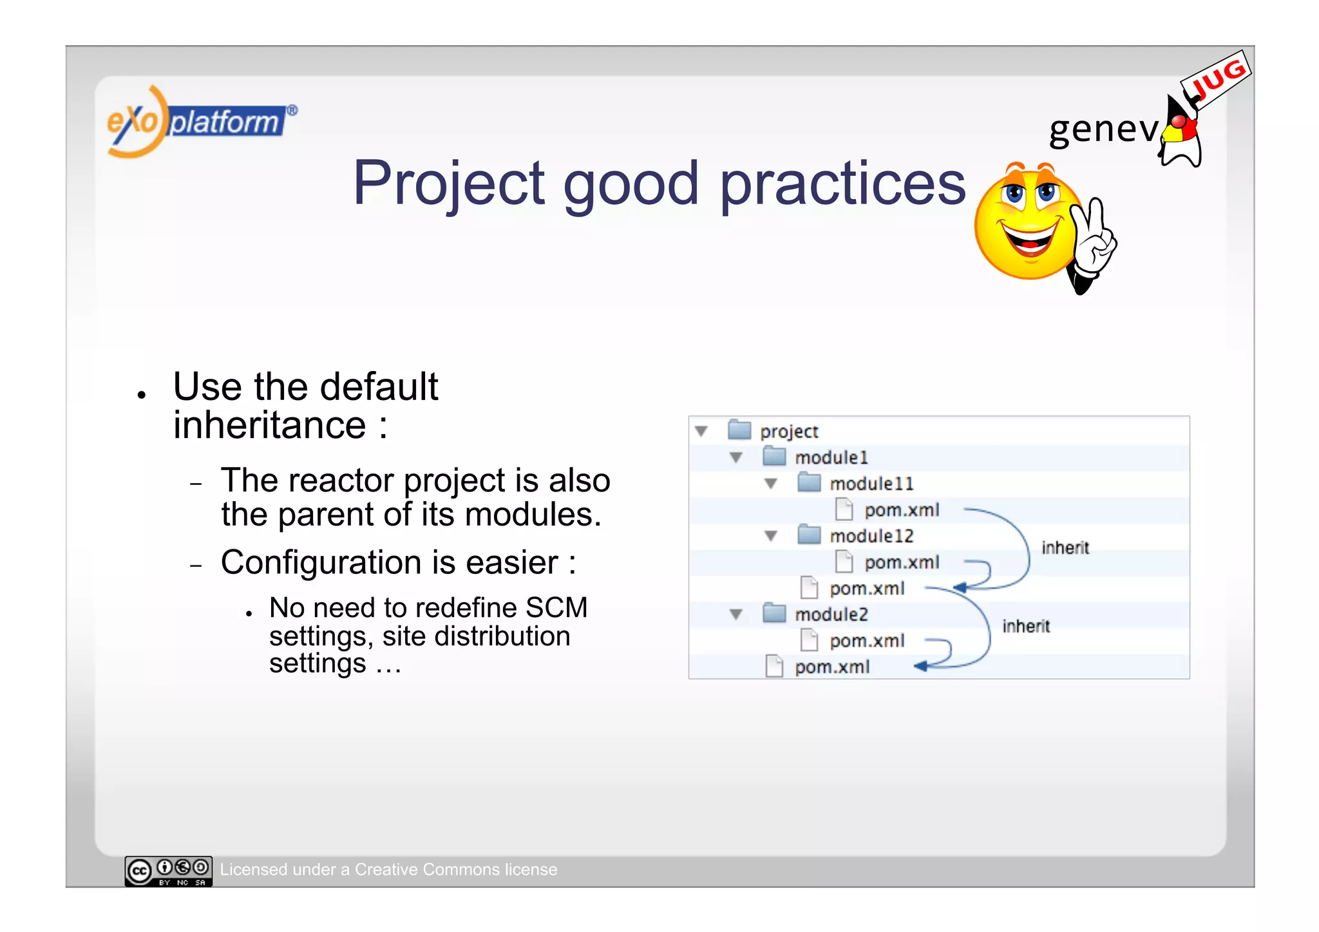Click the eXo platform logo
point(200,121)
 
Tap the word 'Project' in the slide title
point(449,184)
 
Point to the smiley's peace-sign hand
point(1095,242)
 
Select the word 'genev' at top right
point(1103,129)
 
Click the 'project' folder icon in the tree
point(739,430)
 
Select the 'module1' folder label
point(831,457)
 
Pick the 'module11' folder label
point(871,484)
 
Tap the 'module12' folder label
point(871,536)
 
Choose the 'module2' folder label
point(831,614)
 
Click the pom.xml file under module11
point(901,510)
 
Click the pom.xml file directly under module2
point(866,641)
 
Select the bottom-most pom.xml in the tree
point(831,667)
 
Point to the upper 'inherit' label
point(1065,548)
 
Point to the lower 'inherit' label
point(1025,626)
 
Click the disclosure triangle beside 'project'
point(701,431)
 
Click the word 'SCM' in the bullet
point(556,608)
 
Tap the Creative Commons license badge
point(168,871)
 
